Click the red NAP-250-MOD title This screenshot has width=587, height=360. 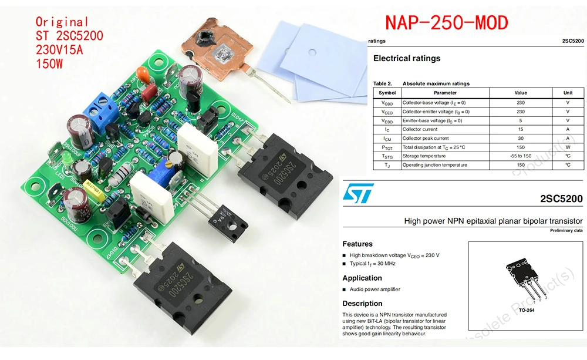[446, 23]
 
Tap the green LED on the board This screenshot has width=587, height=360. [67, 160]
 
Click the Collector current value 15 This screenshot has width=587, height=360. [520, 129]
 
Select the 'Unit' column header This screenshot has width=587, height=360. [568, 93]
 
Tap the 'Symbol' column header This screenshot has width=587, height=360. [387, 93]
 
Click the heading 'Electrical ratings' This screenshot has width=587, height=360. [407, 58]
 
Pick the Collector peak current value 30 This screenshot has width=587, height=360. [520, 138]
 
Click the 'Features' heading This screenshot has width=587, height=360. [357, 244]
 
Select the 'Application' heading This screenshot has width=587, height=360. [362, 278]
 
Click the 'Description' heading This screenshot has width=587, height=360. [362, 304]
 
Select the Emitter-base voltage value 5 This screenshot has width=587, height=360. [520, 120]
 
